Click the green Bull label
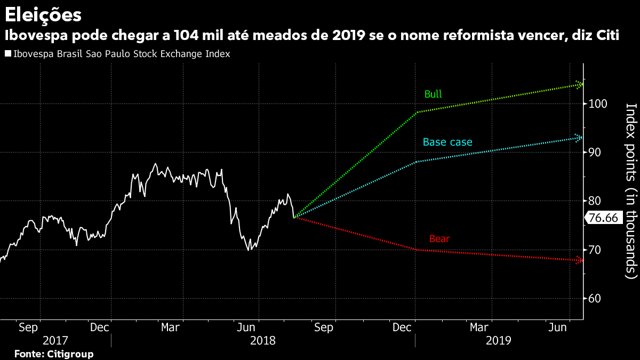coord(433,94)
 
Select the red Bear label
coord(439,239)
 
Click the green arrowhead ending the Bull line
coord(580,84)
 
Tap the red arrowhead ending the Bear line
coord(579,260)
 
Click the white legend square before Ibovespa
coord(7,54)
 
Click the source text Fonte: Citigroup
coord(53,354)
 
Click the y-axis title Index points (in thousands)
coord(631,190)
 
